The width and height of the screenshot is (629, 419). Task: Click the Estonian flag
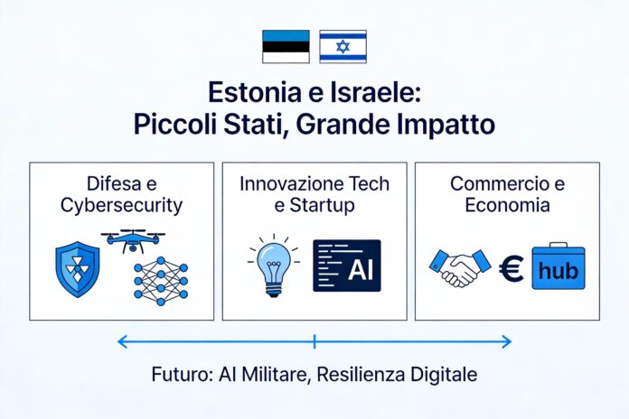coord(286,46)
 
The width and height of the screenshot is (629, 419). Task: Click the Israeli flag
coord(343,46)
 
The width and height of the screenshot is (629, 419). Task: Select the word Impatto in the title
coord(445,123)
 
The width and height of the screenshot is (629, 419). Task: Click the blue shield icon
coord(79,268)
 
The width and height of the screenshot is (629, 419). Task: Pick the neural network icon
coord(160,280)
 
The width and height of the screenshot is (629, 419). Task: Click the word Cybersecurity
coord(122,205)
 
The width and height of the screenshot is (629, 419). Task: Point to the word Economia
coord(507,205)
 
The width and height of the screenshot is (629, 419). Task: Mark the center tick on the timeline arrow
coord(314,341)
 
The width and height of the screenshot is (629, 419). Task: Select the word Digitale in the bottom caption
coord(444,374)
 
